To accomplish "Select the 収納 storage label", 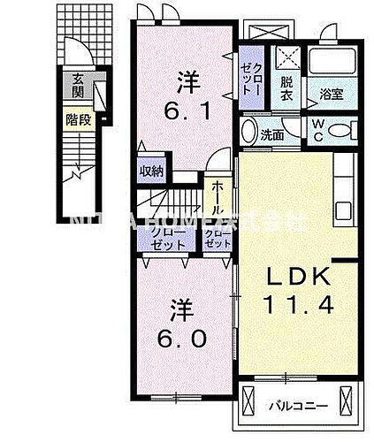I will click(x=150, y=171).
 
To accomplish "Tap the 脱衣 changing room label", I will click(x=286, y=88).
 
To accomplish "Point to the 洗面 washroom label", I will click(x=272, y=135).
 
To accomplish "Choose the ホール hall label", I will click(x=218, y=201).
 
